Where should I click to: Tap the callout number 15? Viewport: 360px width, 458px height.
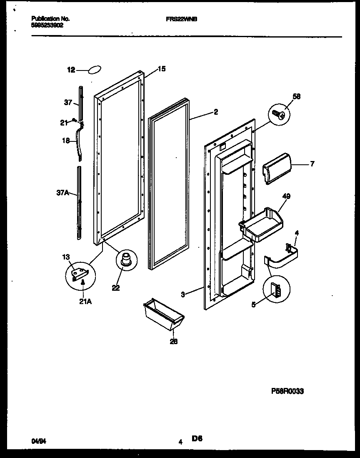[162, 69]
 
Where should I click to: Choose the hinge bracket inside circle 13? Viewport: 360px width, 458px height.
[79, 274]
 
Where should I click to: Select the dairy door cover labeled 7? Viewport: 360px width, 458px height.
[275, 168]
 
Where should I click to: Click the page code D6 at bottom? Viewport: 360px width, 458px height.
[197, 438]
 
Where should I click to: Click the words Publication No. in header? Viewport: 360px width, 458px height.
[50, 19]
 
